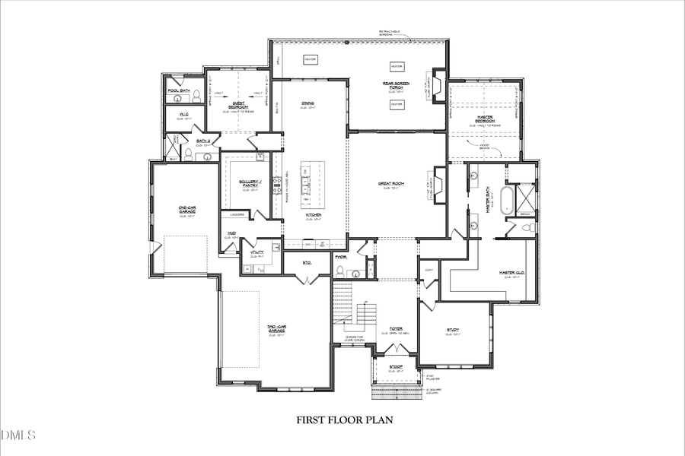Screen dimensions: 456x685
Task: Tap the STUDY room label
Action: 453,330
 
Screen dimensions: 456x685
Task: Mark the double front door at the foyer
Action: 396,347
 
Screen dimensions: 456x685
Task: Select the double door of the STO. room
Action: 307,280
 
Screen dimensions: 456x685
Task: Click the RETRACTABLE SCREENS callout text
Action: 392,33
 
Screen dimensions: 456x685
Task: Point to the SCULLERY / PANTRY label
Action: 250,182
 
